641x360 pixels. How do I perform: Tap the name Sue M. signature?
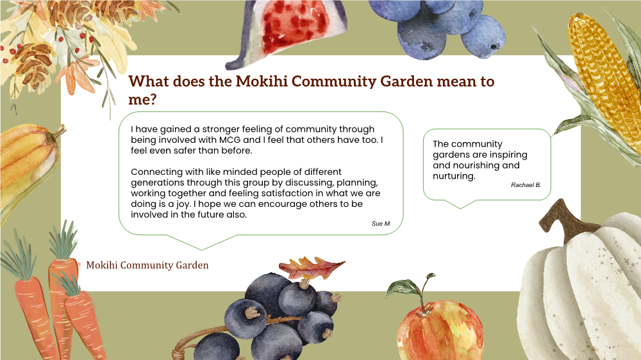(381, 224)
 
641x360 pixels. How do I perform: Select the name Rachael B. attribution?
(526, 185)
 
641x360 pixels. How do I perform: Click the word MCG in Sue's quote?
(229, 140)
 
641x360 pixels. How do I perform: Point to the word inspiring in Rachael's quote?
(507, 155)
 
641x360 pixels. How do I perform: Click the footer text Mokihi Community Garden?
(147, 265)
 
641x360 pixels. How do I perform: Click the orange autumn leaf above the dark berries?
(312, 268)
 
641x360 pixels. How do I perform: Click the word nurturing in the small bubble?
(454, 176)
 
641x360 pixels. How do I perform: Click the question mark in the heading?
(153, 99)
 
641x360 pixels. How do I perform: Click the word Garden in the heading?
(406, 81)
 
